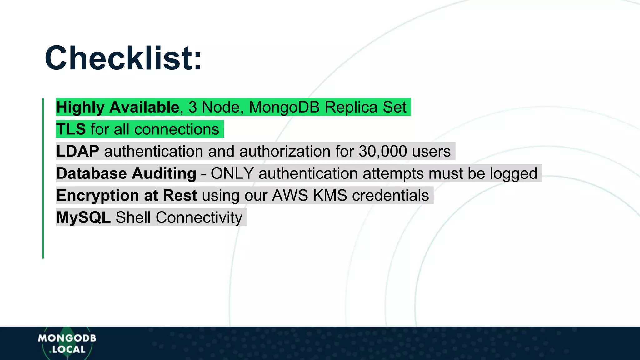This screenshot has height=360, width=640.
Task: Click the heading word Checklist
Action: pos(123,58)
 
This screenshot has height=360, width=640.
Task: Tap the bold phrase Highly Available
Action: pos(117,107)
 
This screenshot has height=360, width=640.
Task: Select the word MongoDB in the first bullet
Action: pos(284,107)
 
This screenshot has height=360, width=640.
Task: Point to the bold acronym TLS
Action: pos(71,129)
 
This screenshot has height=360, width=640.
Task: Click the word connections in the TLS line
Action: pos(177,129)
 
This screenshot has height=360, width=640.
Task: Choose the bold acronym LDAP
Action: pos(78,151)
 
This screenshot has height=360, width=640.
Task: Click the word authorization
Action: pos(285,151)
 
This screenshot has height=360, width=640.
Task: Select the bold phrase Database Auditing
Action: pos(126,173)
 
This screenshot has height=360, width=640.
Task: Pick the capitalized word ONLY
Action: pos(232,173)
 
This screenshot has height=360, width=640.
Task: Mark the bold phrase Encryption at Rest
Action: pos(127,196)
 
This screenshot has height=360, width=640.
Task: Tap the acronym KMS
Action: pos(330,196)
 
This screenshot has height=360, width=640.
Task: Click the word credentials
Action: pos(390,196)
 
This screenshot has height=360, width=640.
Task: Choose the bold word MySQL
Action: pos(83,217)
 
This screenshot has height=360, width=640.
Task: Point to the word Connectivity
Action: pos(199,217)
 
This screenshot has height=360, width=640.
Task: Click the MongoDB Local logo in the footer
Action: pos(67,343)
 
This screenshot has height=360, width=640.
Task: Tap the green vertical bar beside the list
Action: pos(43,178)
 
